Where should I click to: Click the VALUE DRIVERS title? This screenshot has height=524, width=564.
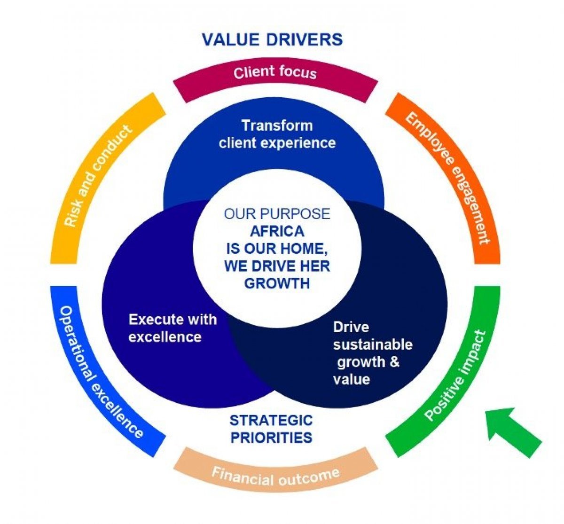272,39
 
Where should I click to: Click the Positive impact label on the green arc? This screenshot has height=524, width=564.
454,376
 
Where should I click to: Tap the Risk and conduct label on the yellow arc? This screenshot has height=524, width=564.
98,176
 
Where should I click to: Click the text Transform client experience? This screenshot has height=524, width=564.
277,134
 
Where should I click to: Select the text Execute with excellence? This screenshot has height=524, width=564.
172,328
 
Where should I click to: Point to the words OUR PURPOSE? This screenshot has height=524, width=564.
277,214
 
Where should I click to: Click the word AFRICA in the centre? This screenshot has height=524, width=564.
277,232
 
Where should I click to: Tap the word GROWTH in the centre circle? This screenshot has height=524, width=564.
277,283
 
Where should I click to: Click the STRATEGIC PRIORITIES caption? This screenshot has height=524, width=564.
271,429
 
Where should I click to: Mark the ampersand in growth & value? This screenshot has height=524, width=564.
394,362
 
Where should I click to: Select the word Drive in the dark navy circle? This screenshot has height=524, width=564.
351,327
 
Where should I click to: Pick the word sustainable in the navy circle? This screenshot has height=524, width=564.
373,344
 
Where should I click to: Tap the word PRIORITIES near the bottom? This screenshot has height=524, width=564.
271,438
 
